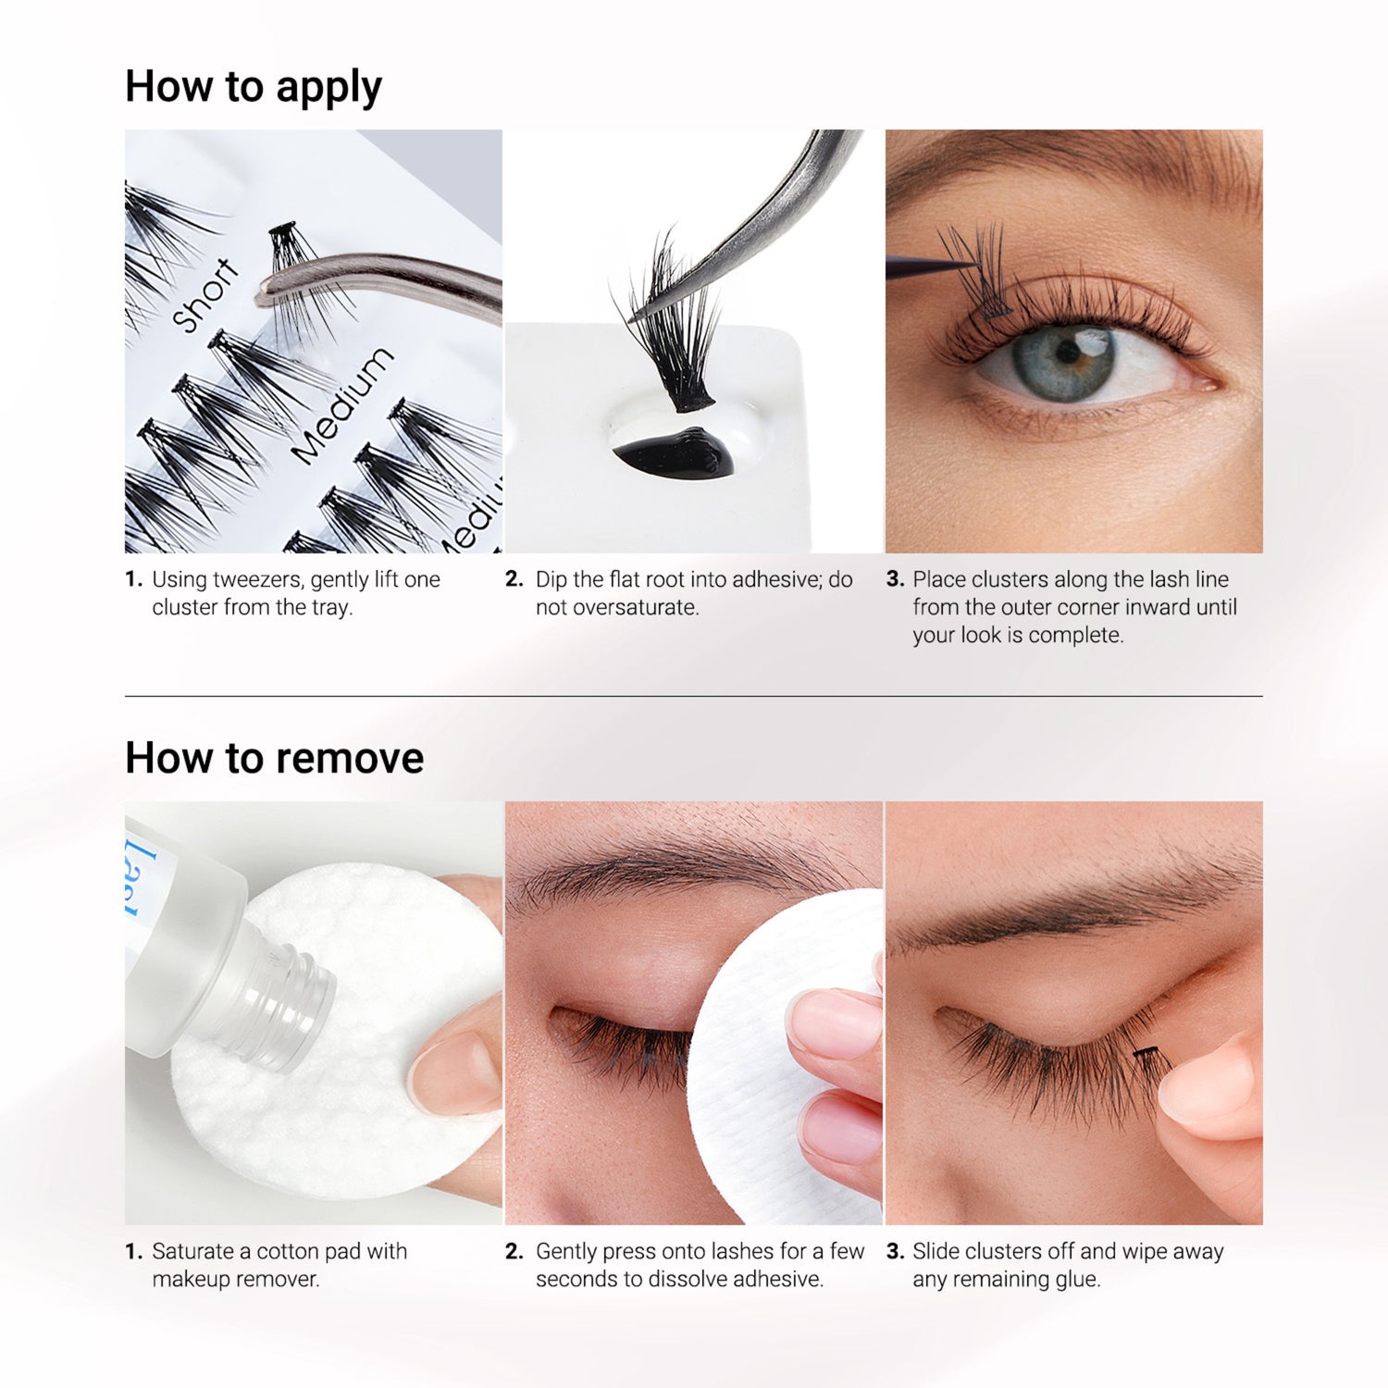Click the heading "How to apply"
pos(253,88)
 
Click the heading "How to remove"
pos(274,758)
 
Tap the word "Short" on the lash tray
pos(206,295)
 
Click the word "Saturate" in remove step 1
pos(192,1252)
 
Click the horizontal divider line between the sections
pos(694,696)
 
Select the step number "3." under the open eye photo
pos(894,580)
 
